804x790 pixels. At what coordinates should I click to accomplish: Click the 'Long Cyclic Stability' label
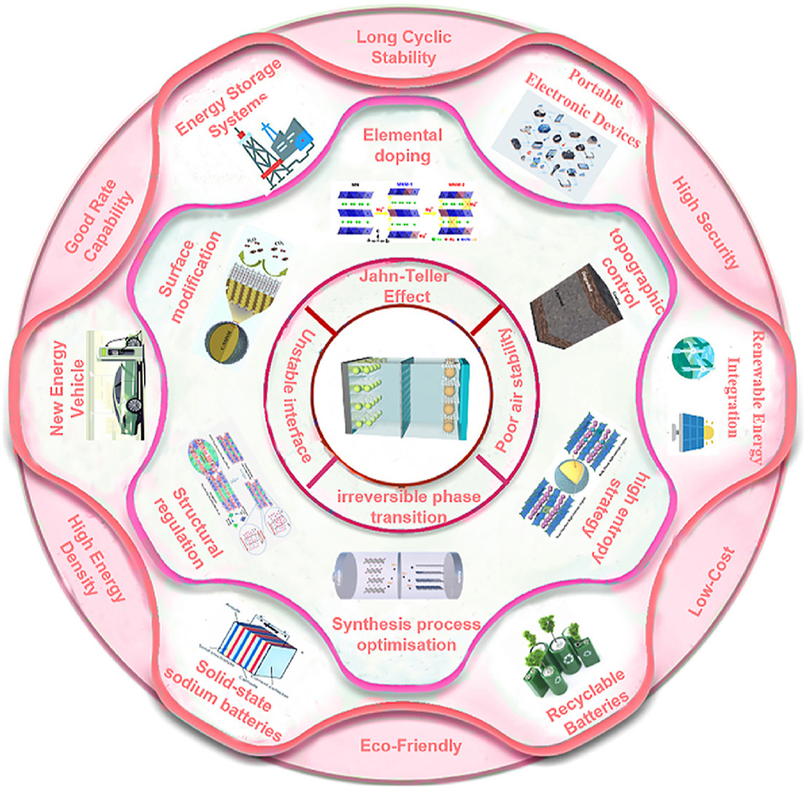403,45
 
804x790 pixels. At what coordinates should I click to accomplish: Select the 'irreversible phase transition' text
401,507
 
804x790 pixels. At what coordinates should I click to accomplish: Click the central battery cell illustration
403,394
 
